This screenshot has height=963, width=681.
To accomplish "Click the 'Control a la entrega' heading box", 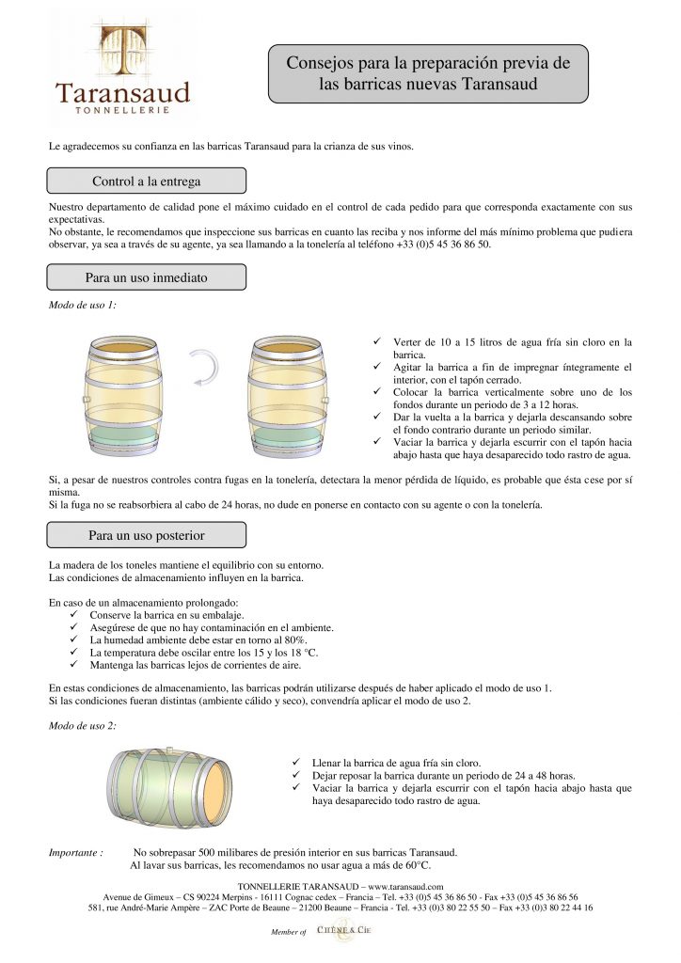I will [146, 181].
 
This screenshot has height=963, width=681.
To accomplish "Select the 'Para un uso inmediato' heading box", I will [146, 277].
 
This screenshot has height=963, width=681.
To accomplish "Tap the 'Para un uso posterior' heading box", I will [146, 535].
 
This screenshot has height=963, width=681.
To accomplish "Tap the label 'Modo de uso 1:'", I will [82, 307].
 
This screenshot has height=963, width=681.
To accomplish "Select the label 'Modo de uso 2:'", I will [82, 725].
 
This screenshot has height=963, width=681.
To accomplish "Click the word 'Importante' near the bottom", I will [75, 852].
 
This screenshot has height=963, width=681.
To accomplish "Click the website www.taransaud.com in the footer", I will [405, 886].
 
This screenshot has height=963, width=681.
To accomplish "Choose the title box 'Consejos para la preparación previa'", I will [427, 72].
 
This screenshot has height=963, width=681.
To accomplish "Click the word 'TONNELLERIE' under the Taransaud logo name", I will [122, 111].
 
